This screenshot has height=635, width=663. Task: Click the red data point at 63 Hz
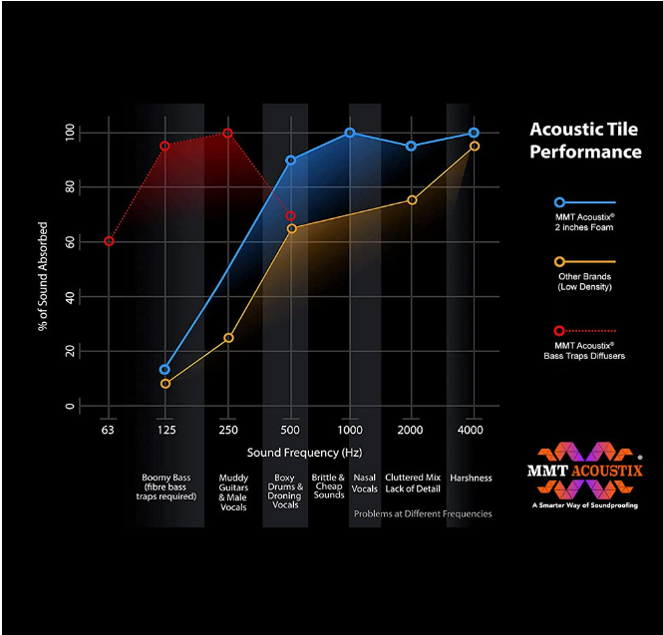click(109, 241)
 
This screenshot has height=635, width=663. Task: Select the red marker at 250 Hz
click(227, 134)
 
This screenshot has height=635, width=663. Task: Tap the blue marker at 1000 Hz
click(350, 133)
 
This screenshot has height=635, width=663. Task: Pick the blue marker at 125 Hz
click(165, 370)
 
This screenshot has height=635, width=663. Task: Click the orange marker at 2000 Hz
click(412, 200)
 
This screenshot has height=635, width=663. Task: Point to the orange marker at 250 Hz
click(227, 338)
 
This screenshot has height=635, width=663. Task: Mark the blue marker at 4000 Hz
click(474, 133)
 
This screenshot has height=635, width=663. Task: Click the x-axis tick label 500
click(289, 431)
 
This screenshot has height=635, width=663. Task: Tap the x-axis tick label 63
click(108, 431)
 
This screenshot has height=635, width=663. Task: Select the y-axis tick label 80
click(70, 187)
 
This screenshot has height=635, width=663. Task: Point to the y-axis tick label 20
click(70, 352)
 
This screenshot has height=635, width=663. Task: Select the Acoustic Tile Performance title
click(585, 141)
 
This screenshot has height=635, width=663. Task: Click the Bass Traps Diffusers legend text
click(585, 350)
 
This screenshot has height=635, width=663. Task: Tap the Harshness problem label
click(471, 478)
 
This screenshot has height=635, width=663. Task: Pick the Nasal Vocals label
click(365, 483)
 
